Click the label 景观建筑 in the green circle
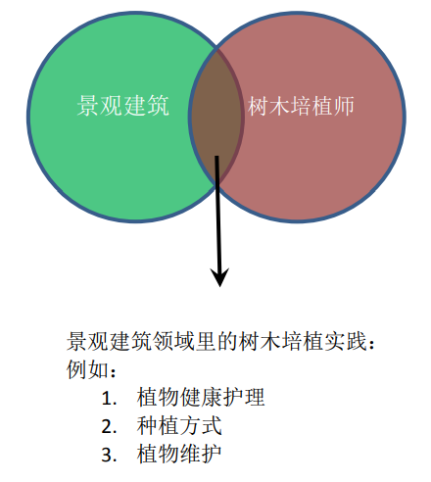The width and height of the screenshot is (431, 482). coord(123,106)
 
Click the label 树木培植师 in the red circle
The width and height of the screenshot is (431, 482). coord(301,106)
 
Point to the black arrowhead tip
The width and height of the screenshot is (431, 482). coord(220,287)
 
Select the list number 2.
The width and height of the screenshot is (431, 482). coord(109,426)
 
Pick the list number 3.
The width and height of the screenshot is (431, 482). coord(109,455)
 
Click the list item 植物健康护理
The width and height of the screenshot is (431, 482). coord(201,397)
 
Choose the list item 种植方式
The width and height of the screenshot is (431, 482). coord(179,425)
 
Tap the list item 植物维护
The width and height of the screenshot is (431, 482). coord(179,454)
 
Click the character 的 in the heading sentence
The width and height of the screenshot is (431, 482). coord(227,342)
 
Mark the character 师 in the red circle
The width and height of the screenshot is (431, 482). coord(344,106)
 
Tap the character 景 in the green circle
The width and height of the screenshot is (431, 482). coord(87,106)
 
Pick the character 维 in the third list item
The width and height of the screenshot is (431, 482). coord(190,454)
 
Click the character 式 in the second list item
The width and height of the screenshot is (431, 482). coord(212,425)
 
